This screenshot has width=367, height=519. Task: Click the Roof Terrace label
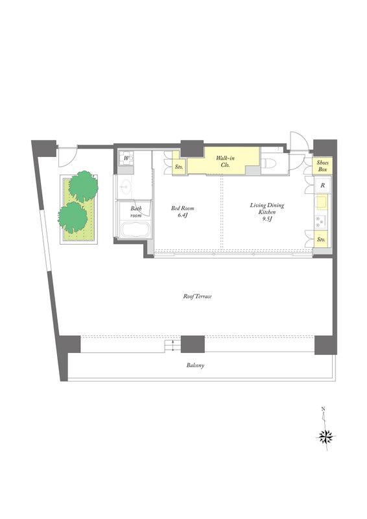(197, 296)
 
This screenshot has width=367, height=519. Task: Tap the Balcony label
(195, 365)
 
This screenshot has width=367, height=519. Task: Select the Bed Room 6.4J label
(182, 212)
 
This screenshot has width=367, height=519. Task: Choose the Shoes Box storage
(322, 166)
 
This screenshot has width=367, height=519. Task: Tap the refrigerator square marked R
(323, 186)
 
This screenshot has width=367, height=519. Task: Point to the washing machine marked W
(126, 158)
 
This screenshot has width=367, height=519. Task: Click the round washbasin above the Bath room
(125, 187)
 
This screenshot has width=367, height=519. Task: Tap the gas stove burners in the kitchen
(320, 221)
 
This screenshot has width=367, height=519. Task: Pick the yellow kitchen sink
(322, 202)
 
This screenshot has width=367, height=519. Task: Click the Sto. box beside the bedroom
(179, 167)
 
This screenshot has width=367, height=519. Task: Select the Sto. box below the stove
(321, 239)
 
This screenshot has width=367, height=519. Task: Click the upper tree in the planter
(84, 186)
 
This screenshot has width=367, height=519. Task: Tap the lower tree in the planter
(73, 217)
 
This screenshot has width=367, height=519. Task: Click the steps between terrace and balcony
(172, 346)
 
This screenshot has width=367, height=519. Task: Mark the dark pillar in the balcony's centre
(193, 344)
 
